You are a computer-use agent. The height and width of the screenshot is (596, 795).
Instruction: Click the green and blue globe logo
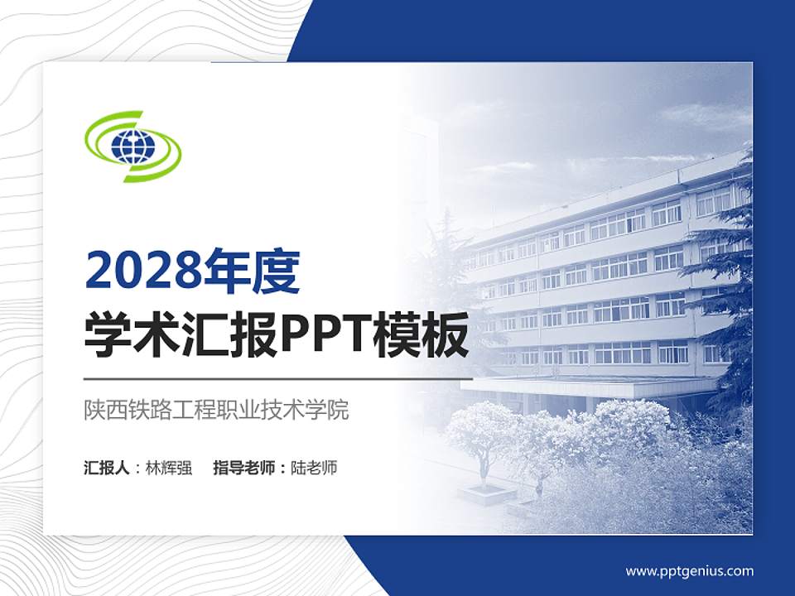pos(133,147)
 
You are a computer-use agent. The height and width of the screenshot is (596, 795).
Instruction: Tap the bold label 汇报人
pos(106,468)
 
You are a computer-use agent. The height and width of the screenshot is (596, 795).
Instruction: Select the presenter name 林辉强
pos(169,468)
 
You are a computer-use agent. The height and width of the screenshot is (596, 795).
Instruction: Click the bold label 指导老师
pos(244,468)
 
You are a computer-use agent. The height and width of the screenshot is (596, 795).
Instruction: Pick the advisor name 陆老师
pos(315,468)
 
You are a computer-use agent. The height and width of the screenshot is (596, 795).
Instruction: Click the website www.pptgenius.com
pos(689,570)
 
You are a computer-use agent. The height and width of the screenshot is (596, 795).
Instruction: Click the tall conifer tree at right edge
pos(733,273)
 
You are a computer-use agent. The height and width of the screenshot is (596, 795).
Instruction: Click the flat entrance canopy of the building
pos(588,386)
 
